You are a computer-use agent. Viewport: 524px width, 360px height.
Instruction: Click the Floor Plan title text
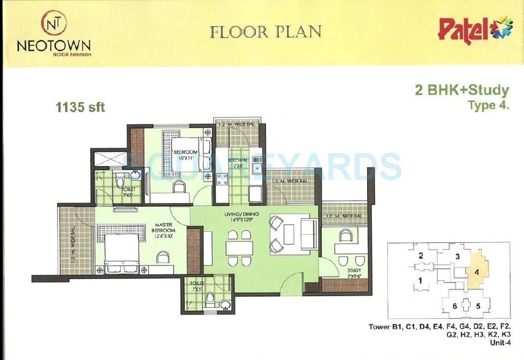point(265,31)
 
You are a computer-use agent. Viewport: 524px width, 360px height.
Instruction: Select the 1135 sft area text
point(80,108)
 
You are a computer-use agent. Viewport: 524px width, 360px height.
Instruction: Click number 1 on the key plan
point(420,281)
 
